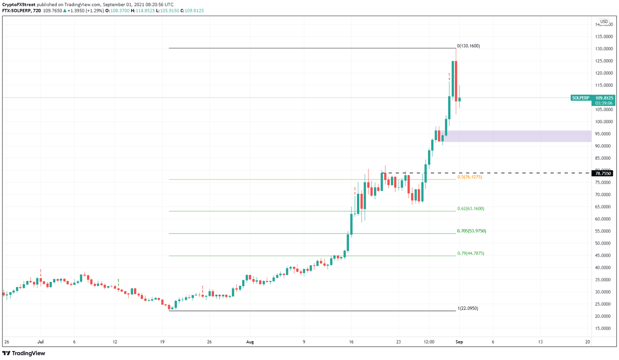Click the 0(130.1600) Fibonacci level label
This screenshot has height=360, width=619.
[x=468, y=46]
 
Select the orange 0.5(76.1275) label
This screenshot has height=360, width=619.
[x=469, y=177]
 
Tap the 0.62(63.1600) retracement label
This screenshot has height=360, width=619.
[x=471, y=209]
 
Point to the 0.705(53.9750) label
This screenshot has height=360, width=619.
[x=472, y=231]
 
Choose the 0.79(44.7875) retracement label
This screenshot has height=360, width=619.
[x=471, y=253]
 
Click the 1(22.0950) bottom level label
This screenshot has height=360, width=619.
[x=468, y=308]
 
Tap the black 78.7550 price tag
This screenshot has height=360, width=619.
[x=603, y=174]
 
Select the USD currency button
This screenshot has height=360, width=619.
[x=604, y=22]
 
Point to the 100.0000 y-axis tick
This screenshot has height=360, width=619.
[x=604, y=122]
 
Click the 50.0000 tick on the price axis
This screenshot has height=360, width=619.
[x=604, y=243]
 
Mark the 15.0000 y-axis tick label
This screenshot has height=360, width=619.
[x=604, y=329]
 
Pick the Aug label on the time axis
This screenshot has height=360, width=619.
[x=250, y=342]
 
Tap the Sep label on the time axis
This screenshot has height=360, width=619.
[x=459, y=342]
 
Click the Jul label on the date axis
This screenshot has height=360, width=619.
[x=40, y=342]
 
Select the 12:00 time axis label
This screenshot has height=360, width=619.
[x=429, y=342]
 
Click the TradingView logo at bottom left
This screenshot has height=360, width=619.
[x=24, y=354]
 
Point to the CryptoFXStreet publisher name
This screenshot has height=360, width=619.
[x=19, y=5]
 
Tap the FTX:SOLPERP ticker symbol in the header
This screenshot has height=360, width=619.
[x=17, y=11]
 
